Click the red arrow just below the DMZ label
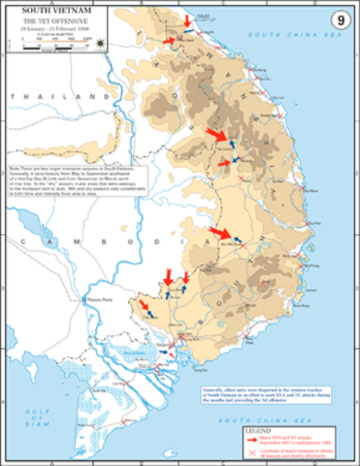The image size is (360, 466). pos(187,20)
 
